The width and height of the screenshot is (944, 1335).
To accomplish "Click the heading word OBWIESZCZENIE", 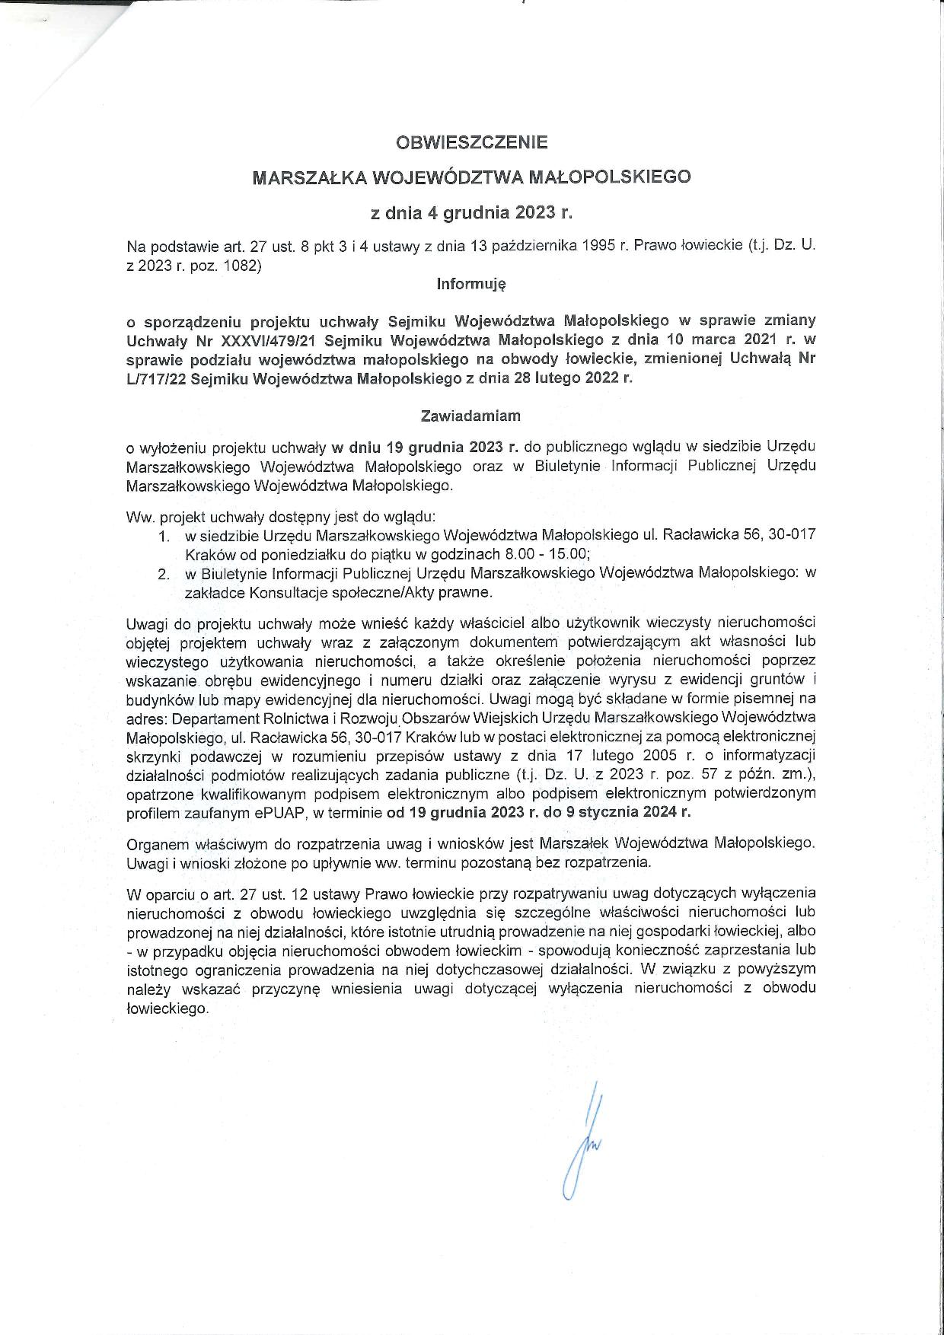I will (471, 142).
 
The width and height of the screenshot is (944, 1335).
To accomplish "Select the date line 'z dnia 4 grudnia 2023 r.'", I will (471, 213).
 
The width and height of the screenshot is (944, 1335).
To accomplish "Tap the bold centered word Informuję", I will (471, 284).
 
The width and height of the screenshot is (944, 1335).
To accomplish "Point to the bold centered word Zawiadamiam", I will (470, 416).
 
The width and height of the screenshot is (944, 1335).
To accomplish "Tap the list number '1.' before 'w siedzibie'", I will (164, 536).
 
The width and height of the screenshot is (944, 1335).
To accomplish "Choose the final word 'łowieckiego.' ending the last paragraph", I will (167, 1008).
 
